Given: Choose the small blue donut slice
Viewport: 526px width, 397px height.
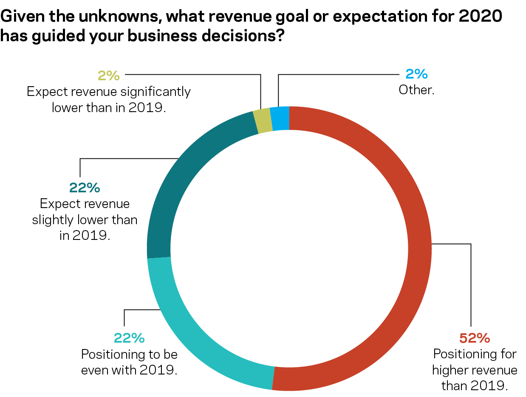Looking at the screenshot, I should [x=280, y=118].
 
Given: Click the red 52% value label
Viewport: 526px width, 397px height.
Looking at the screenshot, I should [x=475, y=338].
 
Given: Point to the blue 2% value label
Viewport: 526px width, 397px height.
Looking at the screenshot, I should [x=416, y=75].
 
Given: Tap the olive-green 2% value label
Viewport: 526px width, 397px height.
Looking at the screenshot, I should [x=109, y=76].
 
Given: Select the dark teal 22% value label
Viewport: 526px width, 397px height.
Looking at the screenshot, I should [x=84, y=188].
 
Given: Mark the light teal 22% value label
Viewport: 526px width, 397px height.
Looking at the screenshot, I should [x=129, y=338].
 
